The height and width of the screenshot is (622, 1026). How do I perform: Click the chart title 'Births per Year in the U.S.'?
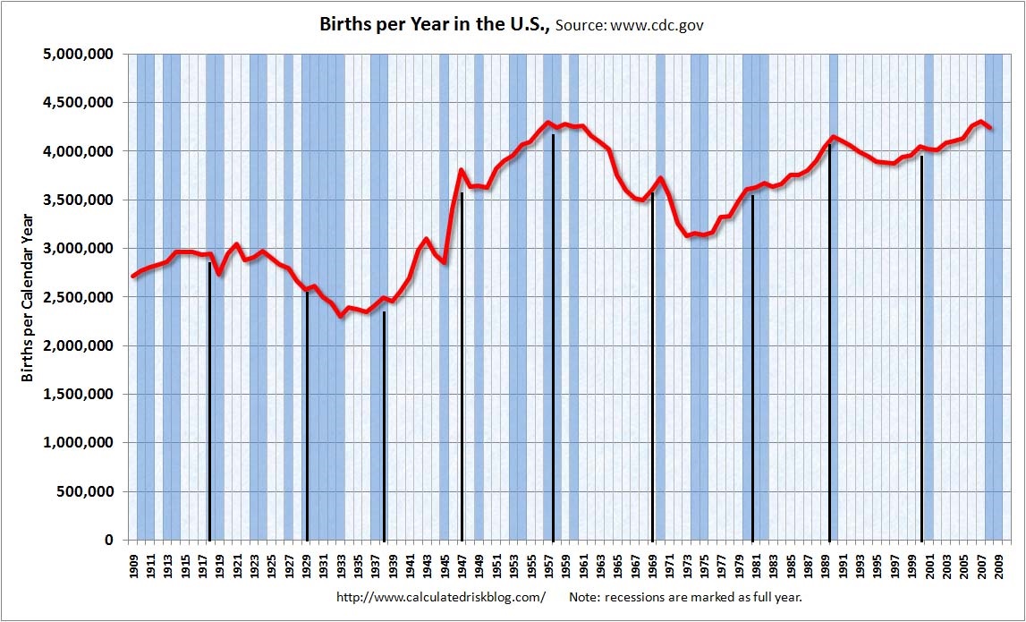435,24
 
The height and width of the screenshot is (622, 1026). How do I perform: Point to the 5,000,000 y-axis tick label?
78,55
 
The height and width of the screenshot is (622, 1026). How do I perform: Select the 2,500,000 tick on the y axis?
78,297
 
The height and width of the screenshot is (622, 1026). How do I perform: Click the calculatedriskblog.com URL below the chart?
441,597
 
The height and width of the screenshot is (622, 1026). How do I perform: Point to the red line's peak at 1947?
462,170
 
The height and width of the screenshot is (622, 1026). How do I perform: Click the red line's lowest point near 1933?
341,316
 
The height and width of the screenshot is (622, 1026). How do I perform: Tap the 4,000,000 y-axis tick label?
78,151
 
